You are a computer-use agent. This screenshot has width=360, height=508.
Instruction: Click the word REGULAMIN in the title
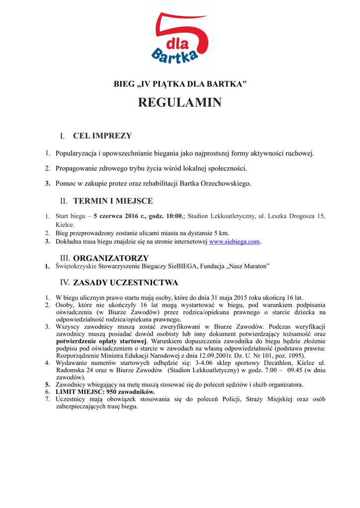pos(180,103)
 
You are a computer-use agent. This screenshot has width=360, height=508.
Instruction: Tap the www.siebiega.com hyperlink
pos(234,242)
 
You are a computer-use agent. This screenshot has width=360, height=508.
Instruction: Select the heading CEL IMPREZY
pos(102,136)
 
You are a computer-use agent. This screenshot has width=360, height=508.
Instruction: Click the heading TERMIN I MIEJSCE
pos(113,201)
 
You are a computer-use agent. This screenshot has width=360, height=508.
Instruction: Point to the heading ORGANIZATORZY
pos(111,258)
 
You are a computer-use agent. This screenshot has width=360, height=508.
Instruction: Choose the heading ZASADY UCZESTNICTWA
pos(125,283)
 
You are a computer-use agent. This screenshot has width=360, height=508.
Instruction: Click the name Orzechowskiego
pos(226,184)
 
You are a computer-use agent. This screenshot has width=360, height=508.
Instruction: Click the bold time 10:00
pos(173,216)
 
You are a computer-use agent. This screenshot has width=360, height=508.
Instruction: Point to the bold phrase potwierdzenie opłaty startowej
pos(101,341)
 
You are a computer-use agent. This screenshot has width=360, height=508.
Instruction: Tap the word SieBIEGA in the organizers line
pos(183,267)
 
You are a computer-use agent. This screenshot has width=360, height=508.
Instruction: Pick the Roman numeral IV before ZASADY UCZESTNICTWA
pos(65,283)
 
